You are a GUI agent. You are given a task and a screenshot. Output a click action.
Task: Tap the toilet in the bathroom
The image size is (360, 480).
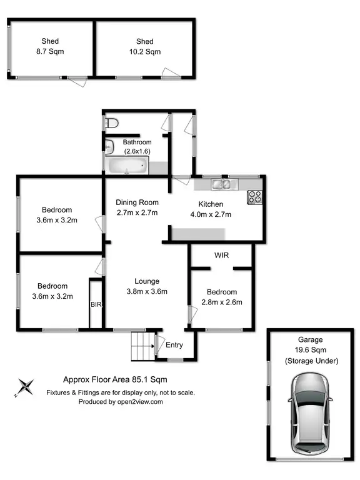point(111,123)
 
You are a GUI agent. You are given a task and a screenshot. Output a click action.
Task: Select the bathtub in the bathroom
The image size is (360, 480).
point(128,167)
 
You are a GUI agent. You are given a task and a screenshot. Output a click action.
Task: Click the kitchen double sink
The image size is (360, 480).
point(221,184)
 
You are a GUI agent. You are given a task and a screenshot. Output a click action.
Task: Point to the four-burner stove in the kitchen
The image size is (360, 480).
point(254,196)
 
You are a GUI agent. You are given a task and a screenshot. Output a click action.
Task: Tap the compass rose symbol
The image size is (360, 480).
point(26,387)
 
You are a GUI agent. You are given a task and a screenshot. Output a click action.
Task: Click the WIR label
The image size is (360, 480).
point(222,256)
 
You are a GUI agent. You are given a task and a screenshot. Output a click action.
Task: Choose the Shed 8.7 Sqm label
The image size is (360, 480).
point(50,46)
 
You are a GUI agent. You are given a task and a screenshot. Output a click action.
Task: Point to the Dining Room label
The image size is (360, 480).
point(137,202)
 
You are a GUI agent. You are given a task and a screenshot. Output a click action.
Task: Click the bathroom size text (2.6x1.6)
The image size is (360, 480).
point(137,152)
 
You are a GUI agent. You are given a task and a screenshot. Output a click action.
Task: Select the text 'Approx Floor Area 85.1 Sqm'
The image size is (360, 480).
point(115,379)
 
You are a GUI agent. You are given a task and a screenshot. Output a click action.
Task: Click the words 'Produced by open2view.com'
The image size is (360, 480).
point(121,402)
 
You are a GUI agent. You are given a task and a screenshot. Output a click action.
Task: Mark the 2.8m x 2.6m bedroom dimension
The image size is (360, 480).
point(222,302)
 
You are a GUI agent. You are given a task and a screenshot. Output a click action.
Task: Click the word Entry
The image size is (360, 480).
point(174,344)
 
